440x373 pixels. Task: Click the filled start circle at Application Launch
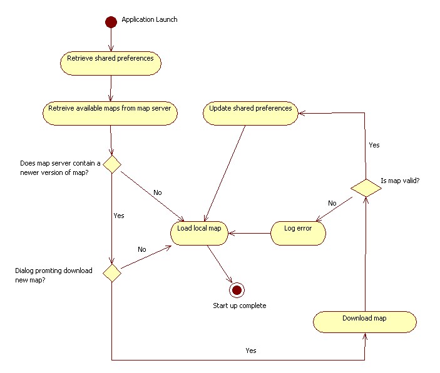tap(111, 22)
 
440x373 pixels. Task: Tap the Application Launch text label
tap(149, 19)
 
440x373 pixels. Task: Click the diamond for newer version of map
tap(111, 164)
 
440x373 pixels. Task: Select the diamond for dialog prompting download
tap(111, 273)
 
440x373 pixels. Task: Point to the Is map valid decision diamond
tap(365, 187)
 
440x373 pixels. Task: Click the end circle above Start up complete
tap(237, 289)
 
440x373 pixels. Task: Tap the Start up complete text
tap(240, 306)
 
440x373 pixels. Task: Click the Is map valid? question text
tap(400, 181)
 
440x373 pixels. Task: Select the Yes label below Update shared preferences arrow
tap(374, 145)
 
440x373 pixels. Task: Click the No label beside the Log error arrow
tap(332, 204)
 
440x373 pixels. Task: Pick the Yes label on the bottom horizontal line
tap(250, 351)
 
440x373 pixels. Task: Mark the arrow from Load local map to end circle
tap(219, 265)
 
